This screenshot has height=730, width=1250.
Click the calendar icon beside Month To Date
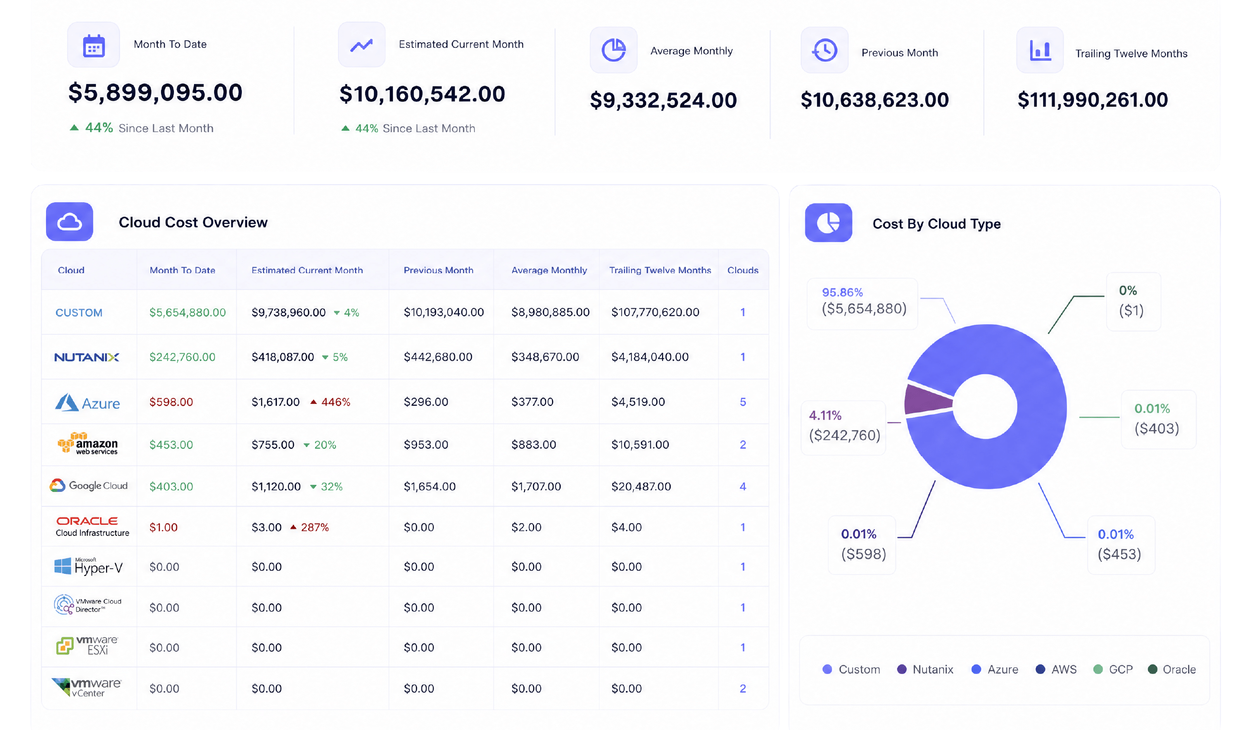click(x=93, y=46)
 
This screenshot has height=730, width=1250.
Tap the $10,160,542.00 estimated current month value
click(x=422, y=94)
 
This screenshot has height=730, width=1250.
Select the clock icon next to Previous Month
click(x=824, y=50)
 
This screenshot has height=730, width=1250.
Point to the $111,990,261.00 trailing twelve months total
click(x=1092, y=100)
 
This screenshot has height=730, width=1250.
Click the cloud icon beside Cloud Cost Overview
click(x=69, y=222)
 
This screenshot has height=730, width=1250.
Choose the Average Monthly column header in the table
click(x=549, y=270)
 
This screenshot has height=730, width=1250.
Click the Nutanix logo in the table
click(x=86, y=357)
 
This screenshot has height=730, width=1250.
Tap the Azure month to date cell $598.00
click(x=171, y=402)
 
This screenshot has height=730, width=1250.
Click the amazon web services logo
click(x=87, y=443)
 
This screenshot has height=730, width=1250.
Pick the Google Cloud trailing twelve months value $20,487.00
click(x=641, y=486)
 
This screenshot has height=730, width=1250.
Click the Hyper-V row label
click(x=88, y=566)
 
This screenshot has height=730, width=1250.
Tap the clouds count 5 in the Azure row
click(x=743, y=402)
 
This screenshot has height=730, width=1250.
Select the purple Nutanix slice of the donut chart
click(x=927, y=399)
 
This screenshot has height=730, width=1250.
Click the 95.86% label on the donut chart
click(x=842, y=292)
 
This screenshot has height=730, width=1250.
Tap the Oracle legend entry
click(x=1172, y=669)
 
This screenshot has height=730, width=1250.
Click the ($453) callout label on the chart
click(x=1119, y=554)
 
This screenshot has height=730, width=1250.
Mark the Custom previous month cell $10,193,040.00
click(x=443, y=312)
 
